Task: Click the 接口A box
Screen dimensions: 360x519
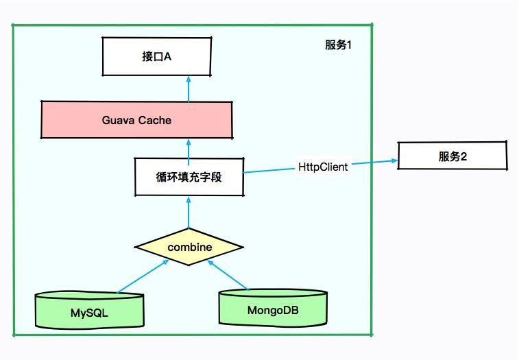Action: click(156, 57)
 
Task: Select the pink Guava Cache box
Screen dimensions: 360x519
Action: click(136, 121)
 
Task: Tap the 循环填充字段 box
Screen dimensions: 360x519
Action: click(189, 176)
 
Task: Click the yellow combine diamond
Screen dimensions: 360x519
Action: click(189, 247)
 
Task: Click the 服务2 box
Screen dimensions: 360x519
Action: click(452, 156)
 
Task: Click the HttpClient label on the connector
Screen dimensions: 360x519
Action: click(322, 167)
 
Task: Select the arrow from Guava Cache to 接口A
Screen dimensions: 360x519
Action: click(189, 88)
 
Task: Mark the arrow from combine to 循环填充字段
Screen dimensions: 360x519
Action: click(189, 211)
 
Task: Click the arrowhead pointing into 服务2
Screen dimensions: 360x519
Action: click(394, 161)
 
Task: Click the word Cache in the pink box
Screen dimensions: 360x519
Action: click(155, 121)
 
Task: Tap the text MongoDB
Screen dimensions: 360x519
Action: click(273, 310)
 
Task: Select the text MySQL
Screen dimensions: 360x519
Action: click(89, 313)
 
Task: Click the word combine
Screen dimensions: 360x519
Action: click(189, 247)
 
